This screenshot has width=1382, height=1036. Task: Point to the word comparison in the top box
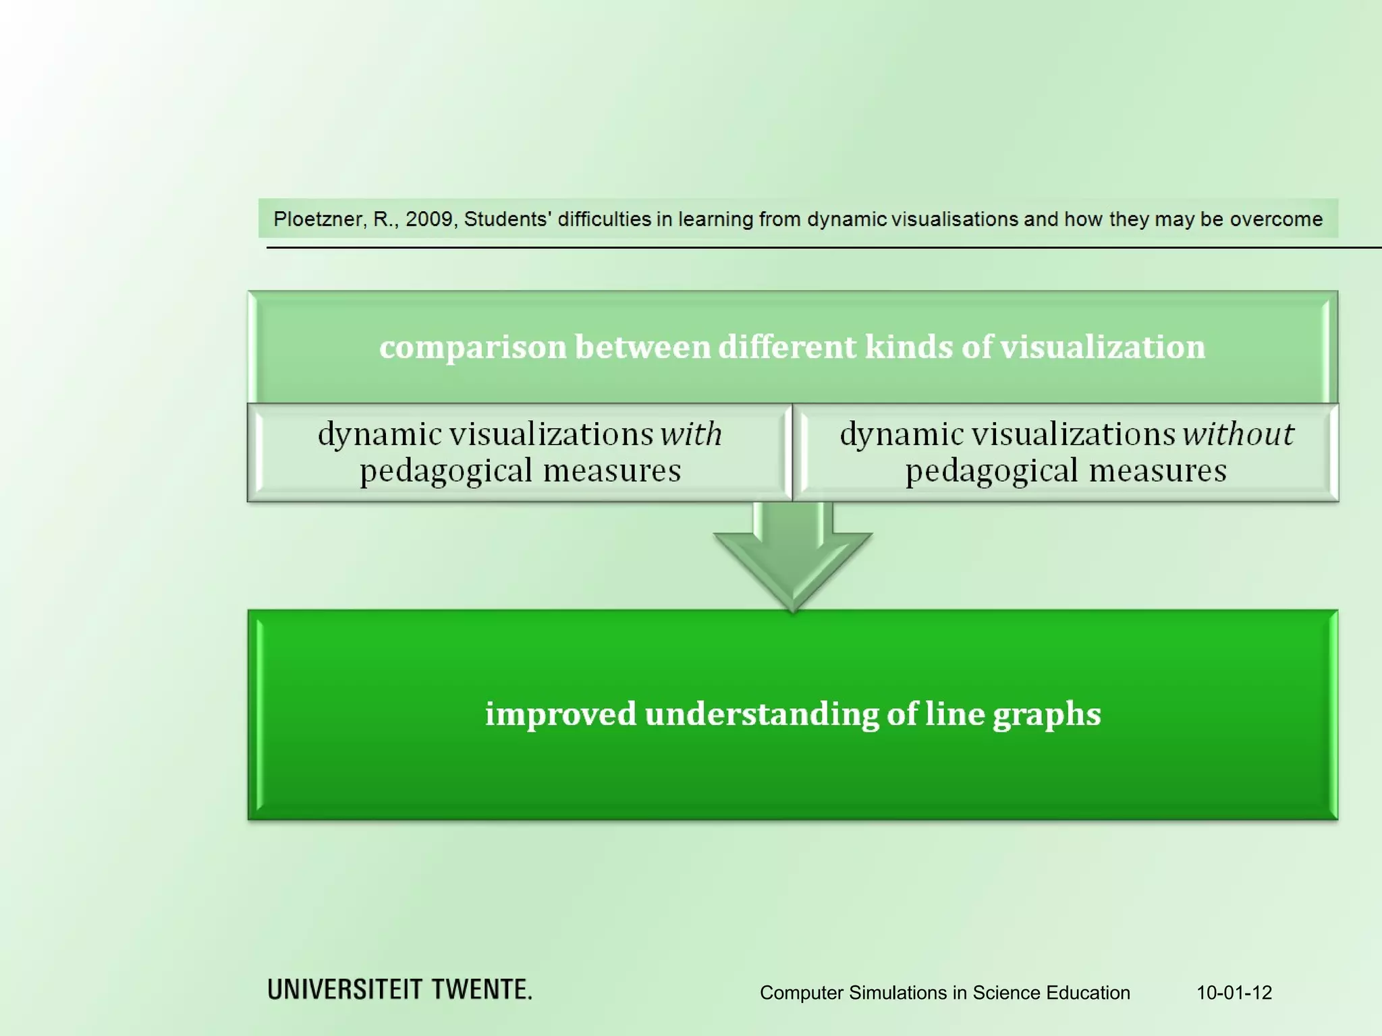(472, 348)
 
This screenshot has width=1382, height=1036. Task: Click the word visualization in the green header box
(1102, 347)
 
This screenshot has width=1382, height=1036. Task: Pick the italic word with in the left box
(690, 434)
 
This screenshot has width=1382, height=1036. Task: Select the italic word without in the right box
(1238, 434)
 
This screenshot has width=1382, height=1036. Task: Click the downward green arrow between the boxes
(793, 560)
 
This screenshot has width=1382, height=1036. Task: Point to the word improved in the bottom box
(560, 714)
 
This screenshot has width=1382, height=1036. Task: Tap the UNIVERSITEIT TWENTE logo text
(399, 989)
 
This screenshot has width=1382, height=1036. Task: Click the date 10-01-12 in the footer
(1234, 993)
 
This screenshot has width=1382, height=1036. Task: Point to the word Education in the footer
(1088, 993)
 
